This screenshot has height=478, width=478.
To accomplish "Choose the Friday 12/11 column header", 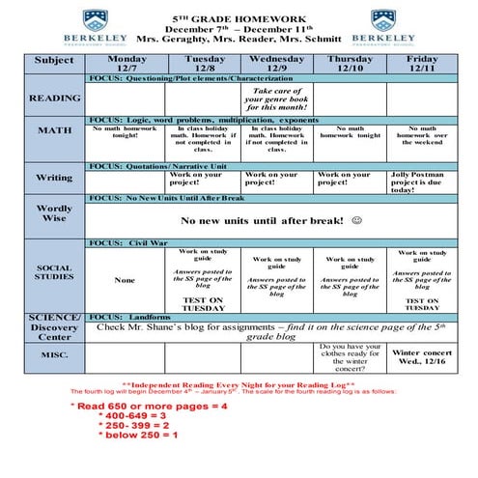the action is (422, 64).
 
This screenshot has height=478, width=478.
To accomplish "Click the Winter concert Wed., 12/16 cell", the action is (422, 358).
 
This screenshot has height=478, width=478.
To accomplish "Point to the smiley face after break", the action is (356, 221).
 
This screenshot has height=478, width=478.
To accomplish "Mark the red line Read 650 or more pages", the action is (151, 407).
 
